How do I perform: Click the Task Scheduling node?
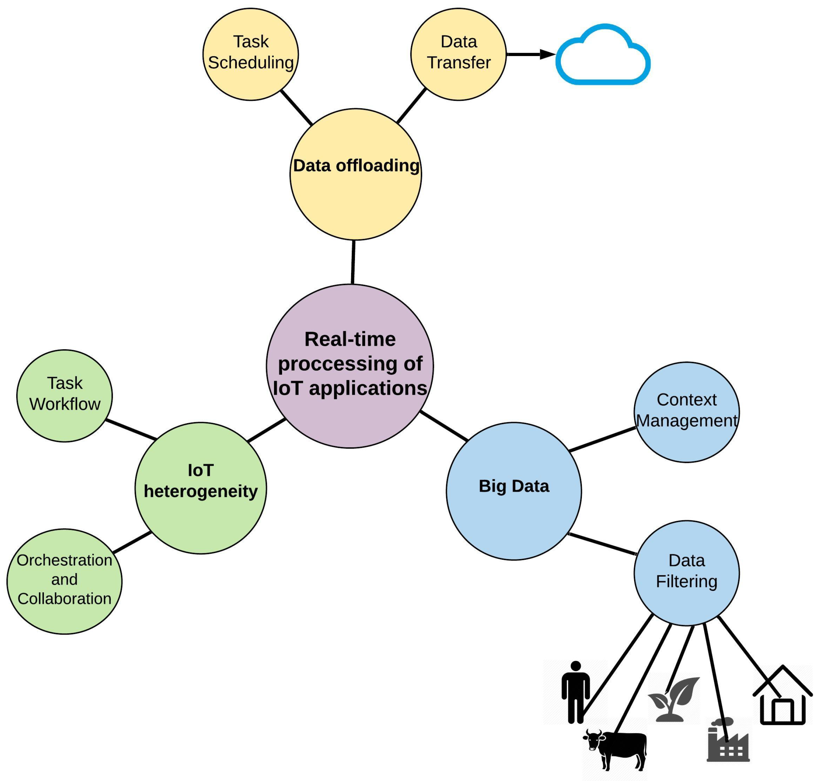point(250,54)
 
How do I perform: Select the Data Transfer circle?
point(458,54)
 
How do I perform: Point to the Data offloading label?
point(356,166)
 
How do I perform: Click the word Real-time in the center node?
point(350,339)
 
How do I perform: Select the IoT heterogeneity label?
point(200,481)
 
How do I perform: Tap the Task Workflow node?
point(65,395)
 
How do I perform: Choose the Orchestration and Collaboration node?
point(65,581)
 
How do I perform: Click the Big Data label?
point(514,486)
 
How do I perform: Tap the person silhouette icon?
point(575,693)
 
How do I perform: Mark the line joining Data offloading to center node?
point(353,262)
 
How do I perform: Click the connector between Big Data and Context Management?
point(602,439)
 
